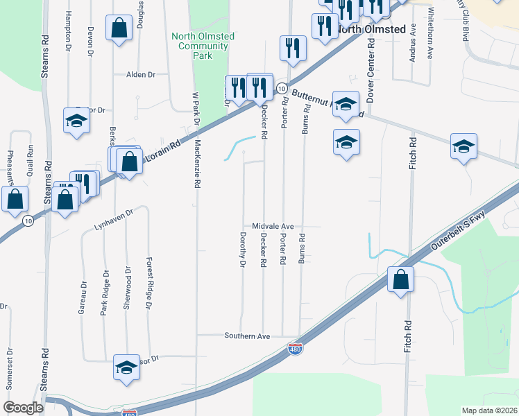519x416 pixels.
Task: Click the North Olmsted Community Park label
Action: tap(203, 46)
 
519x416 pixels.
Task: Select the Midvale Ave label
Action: tap(273, 227)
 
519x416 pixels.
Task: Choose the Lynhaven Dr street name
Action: tap(112, 220)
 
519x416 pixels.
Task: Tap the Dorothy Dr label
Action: tap(242, 251)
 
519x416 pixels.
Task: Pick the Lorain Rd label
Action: tap(164, 153)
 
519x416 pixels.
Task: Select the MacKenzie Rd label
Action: tap(198, 164)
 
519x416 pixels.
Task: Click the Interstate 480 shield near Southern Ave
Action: tap(296, 349)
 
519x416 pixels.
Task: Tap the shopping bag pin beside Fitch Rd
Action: tap(401, 280)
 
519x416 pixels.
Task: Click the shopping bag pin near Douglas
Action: tap(119, 28)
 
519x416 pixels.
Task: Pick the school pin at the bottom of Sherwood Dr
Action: tap(127, 367)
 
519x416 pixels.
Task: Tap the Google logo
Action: tap(24, 408)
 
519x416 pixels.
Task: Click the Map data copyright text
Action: tap(490, 410)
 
